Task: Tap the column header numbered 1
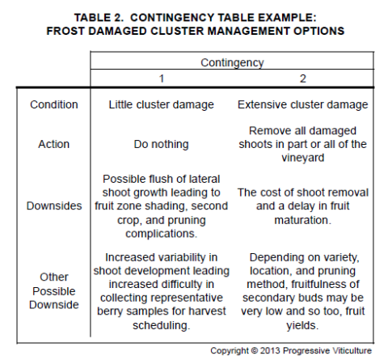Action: point(159,79)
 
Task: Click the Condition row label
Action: point(54,104)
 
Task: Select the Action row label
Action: point(54,145)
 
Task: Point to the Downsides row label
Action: point(54,205)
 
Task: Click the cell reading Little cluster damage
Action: point(159,104)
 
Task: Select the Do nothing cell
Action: point(159,145)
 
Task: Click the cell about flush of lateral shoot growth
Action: point(159,205)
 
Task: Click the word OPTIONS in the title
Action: point(317,31)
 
